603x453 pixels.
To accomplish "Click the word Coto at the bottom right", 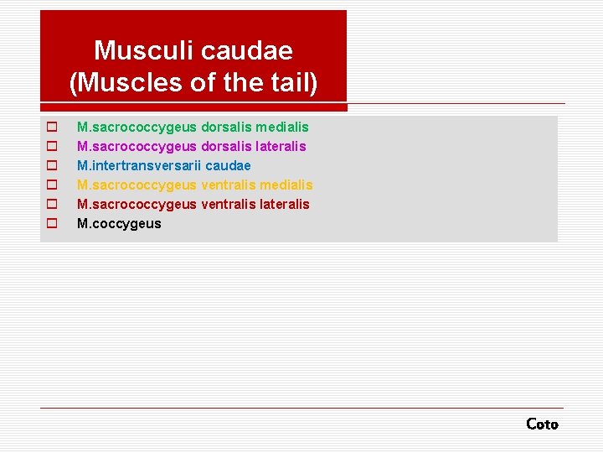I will pyautogui.click(x=542, y=424).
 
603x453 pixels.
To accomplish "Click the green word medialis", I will pyautogui.click(x=282, y=127).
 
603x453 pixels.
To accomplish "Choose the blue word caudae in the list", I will pyautogui.click(x=228, y=165).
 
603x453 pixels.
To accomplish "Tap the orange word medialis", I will pyautogui.click(x=286, y=185).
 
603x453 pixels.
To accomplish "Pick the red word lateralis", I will pyautogui.click(x=283, y=204).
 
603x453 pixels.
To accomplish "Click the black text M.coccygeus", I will pyautogui.click(x=119, y=223).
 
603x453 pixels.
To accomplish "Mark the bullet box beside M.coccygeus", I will pyautogui.click(x=51, y=224).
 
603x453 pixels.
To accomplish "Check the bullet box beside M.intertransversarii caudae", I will pyautogui.click(x=51, y=166).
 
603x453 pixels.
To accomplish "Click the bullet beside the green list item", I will pyautogui.click(x=51, y=128).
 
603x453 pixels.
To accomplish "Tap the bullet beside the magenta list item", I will pyautogui.click(x=51, y=147).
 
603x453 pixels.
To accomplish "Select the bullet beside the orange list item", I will pyautogui.click(x=51, y=185).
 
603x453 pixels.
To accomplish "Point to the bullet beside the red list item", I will pyautogui.click(x=51, y=205).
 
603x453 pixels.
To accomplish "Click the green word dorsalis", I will pyautogui.click(x=226, y=127).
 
